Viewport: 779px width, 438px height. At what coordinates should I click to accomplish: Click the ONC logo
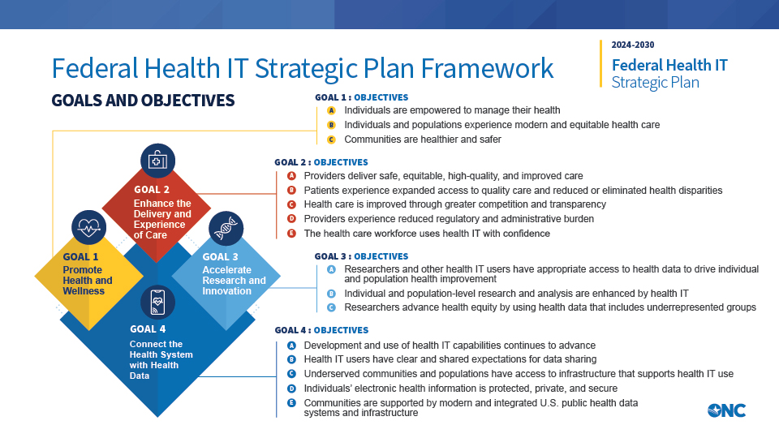(726, 410)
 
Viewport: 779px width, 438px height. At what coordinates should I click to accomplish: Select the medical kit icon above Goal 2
(157, 161)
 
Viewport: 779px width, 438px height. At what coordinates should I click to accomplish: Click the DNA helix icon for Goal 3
(226, 228)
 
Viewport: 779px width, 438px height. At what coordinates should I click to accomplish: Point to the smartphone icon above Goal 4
(157, 303)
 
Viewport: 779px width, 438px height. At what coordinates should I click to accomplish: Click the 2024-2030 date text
(633, 45)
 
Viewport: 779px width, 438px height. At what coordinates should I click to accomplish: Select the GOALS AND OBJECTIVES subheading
(143, 101)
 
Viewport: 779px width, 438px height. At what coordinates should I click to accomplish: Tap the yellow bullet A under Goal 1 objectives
(331, 110)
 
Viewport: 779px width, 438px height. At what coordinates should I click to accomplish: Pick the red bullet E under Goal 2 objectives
(291, 234)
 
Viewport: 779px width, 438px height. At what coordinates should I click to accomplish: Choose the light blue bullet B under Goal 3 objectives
(331, 294)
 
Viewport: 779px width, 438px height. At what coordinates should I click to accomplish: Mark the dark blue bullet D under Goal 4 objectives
(291, 388)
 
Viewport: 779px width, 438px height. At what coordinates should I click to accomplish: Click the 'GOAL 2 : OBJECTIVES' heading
(321, 162)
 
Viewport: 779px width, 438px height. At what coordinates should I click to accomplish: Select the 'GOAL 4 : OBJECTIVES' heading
(321, 330)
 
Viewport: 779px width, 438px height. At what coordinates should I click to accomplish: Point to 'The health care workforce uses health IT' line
(426, 234)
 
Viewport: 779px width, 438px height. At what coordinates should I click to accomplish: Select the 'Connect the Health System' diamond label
(161, 354)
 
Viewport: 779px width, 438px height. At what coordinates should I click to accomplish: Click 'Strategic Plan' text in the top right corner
(655, 82)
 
